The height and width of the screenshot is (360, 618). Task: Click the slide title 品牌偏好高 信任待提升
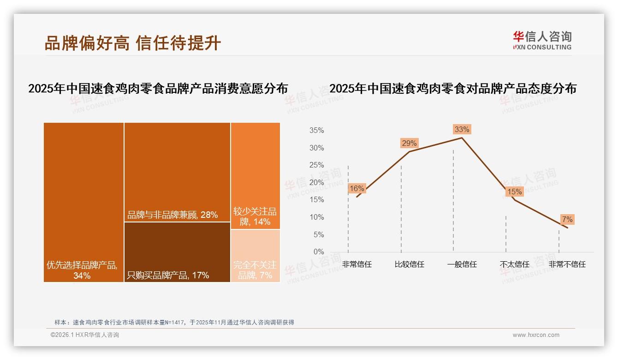coord(133,43)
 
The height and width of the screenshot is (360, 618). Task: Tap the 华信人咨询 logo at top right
coord(542,40)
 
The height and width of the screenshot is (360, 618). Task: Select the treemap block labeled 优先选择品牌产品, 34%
coord(83,202)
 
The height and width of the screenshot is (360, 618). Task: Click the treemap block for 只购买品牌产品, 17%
coord(177,252)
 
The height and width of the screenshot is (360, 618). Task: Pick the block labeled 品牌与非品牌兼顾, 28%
coord(177,172)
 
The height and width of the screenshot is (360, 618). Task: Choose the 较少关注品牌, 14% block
coord(255,176)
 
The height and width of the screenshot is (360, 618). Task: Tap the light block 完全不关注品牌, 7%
coord(255,256)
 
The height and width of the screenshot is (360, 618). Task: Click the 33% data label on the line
coord(462,129)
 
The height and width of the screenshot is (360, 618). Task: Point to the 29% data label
coord(409,143)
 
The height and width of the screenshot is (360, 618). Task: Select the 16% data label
coord(357,188)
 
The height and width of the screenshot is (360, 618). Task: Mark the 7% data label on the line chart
coord(567,219)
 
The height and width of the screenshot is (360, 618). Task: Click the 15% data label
coord(514,192)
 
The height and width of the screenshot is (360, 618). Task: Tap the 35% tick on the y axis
coord(316,131)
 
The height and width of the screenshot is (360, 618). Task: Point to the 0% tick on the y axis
coord(319,252)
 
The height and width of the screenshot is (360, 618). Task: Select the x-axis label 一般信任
coord(462,264)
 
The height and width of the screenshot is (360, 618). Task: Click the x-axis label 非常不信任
coord(567,264)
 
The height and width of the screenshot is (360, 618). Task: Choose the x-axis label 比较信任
coord(409,264)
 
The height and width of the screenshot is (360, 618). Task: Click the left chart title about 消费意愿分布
coord(158,89)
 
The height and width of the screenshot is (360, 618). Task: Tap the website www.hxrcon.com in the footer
coord(536,335)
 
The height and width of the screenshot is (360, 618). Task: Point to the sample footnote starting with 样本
coord(174,323)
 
